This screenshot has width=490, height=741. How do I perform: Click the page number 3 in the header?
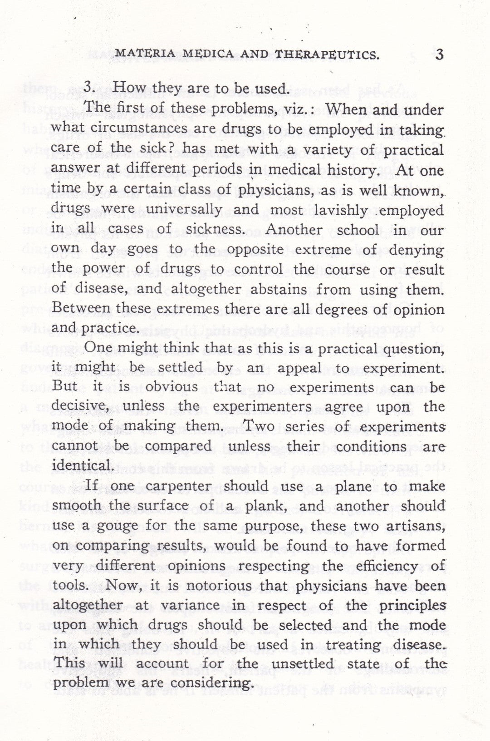[x=438, y=54]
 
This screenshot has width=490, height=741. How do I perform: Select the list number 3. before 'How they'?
[x=90, y=89]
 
